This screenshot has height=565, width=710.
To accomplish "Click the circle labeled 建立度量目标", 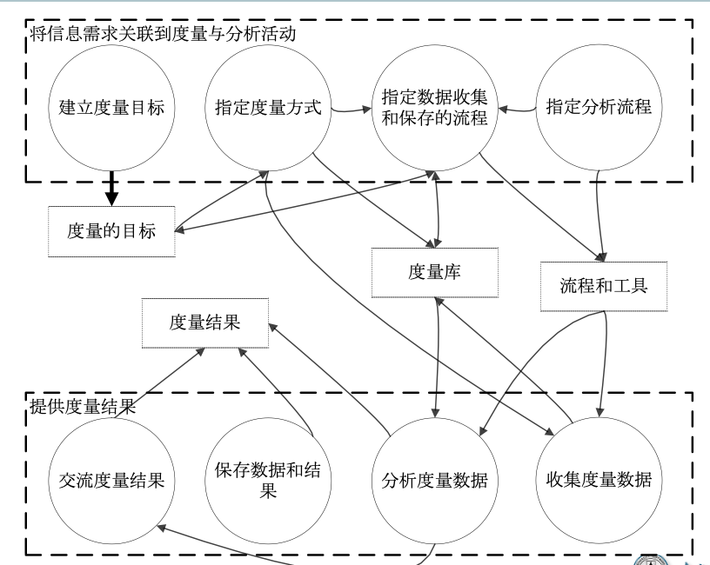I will pyautogui.click(x=106, y=110).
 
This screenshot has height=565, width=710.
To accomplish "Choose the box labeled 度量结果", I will pyautogui.click(x=205, y=322).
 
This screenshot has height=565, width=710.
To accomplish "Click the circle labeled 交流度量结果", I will pyautogui.click(x=106, y=479).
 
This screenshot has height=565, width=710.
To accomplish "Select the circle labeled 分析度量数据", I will pyautogui.click(x=434, y=479).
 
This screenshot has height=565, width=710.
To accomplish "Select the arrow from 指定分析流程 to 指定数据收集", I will pyautogui.click(x=519, y=110).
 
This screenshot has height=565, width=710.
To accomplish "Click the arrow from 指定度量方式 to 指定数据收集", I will pyautogui.click(x=350, y=110).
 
